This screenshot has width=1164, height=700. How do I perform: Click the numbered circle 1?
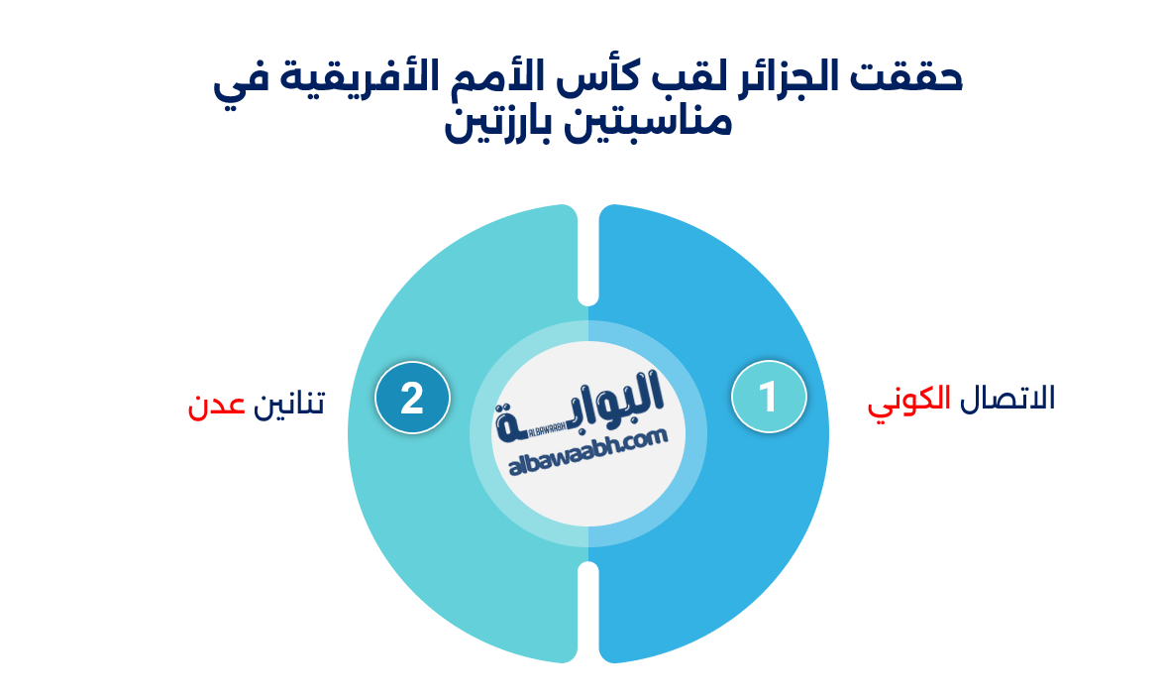pyautogui.click(x=769, y=398)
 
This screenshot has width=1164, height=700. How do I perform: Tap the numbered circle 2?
pyautogui.click(x=412, y=399)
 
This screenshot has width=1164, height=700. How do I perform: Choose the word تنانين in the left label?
pyautogui.click(x=290, y=405)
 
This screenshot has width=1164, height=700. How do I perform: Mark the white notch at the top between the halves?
pyautogui.click(x=588, y=258)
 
